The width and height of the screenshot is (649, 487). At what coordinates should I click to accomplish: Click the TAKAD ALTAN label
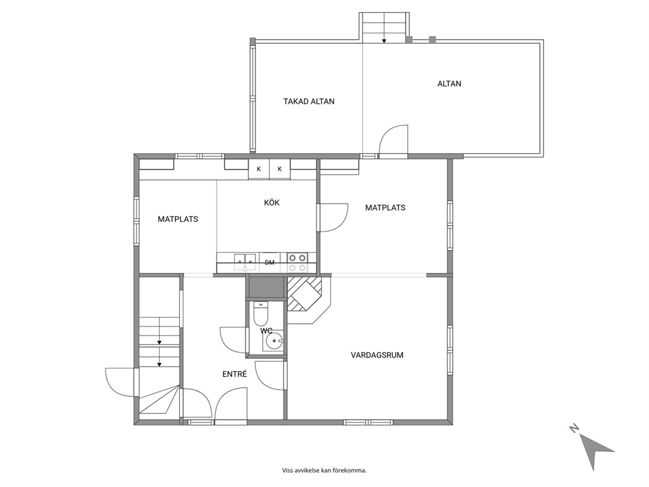pyautogui.click(x=309, y=101)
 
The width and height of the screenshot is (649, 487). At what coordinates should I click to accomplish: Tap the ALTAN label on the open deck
pyautogui.click(x=449, y=84)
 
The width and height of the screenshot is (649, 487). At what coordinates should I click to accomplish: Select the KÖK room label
pyautogui.click(x=272, y=202)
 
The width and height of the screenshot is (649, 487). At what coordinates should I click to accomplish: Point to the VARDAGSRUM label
pyautogui.click(x=377, y=355)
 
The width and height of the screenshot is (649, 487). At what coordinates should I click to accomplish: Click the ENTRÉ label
pyautogui.click(x=235, y=374)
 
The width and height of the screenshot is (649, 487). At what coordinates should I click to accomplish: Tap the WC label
pyautogui.click(x=266, y=331)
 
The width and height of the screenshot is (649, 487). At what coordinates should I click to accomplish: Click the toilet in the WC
pyautogui.click(x=261, y=314)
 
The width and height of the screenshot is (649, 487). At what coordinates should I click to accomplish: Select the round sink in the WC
pyautogui.click(x=273, y=342)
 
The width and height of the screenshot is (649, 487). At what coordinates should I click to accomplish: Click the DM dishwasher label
pyautogui.click(x=270, y=262)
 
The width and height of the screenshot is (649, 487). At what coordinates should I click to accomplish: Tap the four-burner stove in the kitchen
pyautogui.click(x=298, y=262)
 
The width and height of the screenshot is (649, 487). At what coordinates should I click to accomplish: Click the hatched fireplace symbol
pyautogui.click(x=305, y=294)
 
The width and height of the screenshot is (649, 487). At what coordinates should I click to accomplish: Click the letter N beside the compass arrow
pyautogui.click(x=574, y=428)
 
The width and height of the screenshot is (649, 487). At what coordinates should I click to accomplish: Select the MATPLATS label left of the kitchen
pyautogui.click(x=178, y=219)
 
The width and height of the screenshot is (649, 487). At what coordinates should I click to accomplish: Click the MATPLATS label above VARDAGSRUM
pyautogui.click(x=385, y=207)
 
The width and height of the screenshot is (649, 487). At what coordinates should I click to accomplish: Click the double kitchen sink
pyautogui.click(x=245, y=260)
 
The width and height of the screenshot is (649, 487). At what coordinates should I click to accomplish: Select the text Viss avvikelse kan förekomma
pyautogui.click(x=324, y=470)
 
